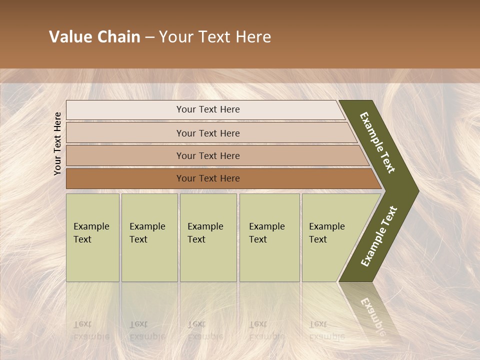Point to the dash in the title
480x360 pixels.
149,37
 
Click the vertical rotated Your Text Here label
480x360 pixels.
57,143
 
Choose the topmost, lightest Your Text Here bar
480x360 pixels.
207,109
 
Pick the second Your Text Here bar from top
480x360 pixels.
207,133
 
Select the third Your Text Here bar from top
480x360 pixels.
207,155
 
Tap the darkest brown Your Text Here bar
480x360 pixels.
207,178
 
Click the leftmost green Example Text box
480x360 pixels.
92,237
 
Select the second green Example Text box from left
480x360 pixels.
149,237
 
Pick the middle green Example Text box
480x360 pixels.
208,237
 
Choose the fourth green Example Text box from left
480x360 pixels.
269,237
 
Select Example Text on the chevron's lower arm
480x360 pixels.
379,236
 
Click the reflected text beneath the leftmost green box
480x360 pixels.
91,330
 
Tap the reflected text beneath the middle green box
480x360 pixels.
205,330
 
